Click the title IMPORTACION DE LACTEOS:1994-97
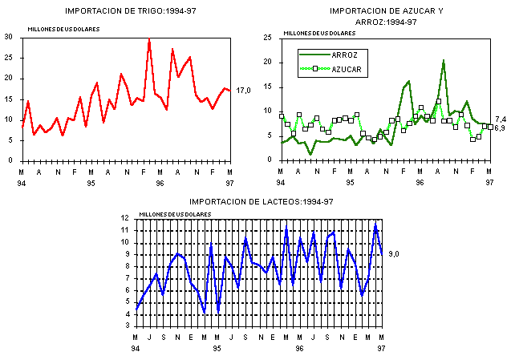pyautogui.click(x=261, y=201)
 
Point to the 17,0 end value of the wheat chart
pyautogui.click(x=244, y=91)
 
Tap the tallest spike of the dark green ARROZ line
pyautogui.click(x=443, y=60)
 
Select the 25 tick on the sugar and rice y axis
pyautogui.click(x=267, y=37)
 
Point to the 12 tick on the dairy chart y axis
pyautogui.click(x=124, y=218)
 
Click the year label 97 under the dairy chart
pyautogui.click(x=381, y=349)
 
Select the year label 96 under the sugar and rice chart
pyautogui.click(x=420, y=183)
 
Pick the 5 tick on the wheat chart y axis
pyautogui.click(x=10, y=140)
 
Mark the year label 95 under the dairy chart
pyautogui.click(x=217, y=349)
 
